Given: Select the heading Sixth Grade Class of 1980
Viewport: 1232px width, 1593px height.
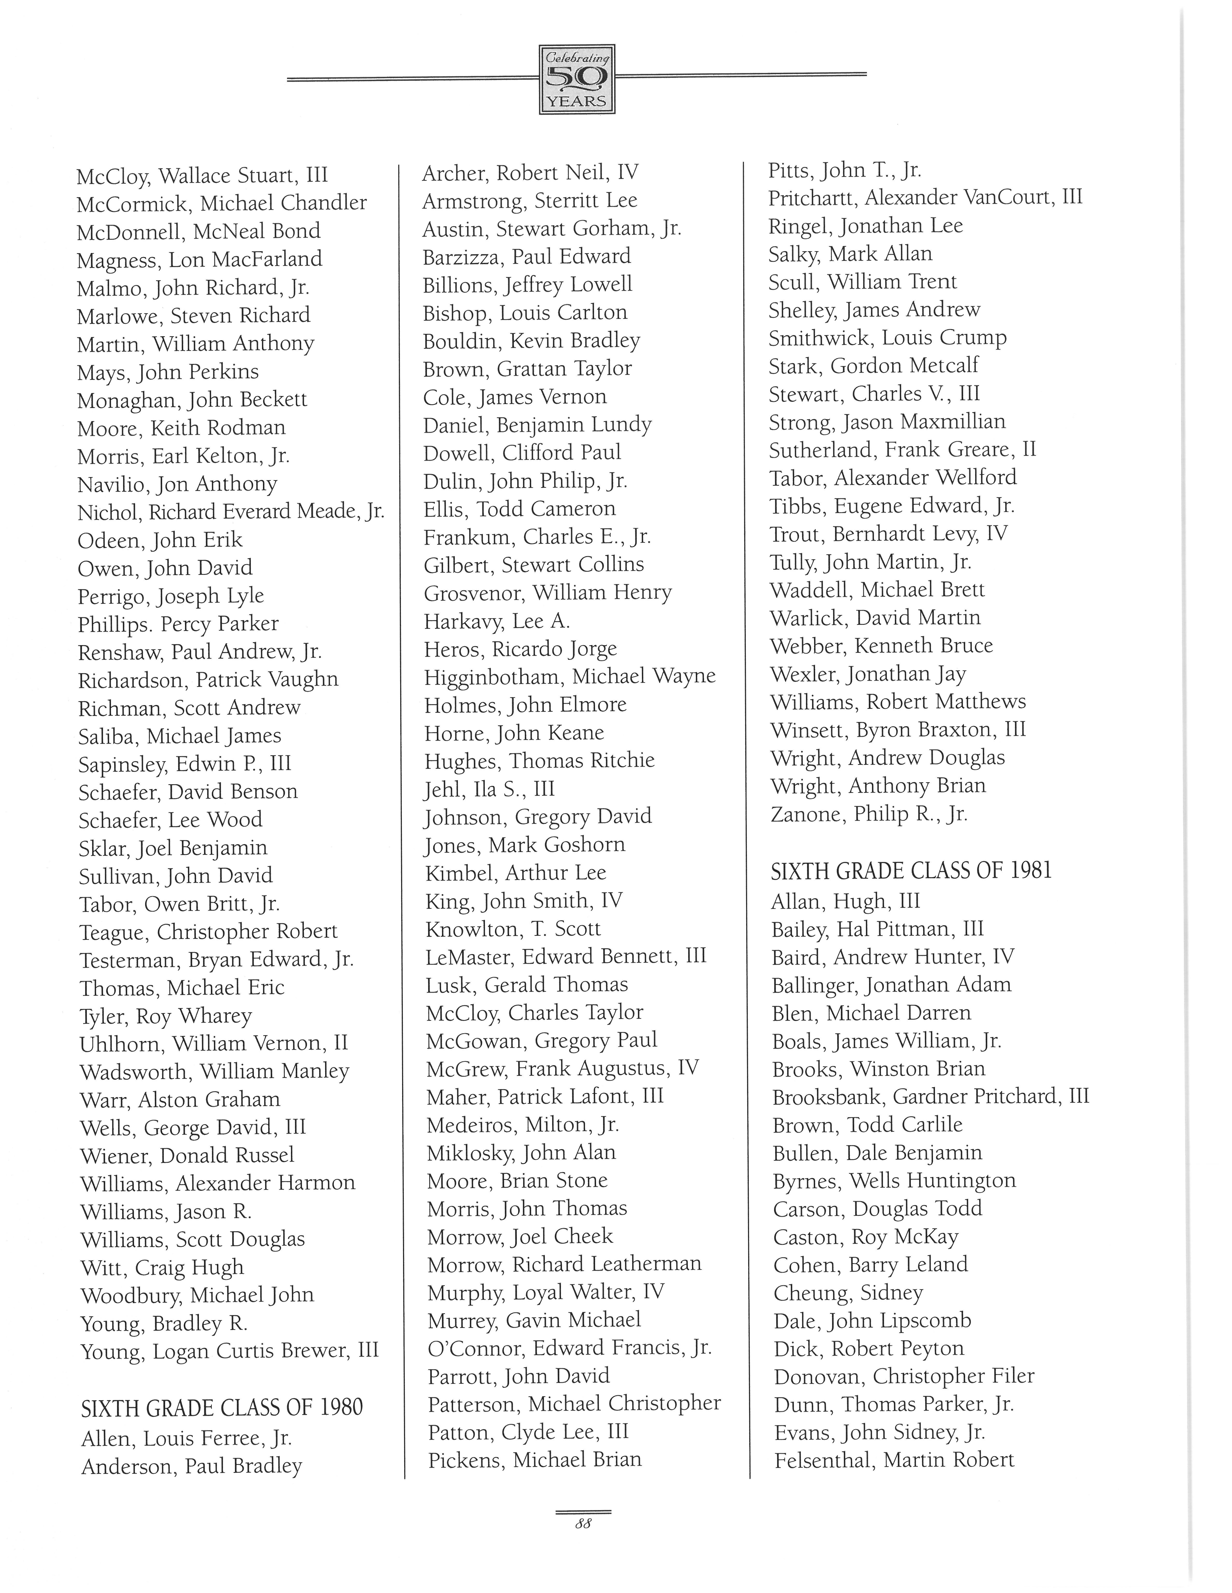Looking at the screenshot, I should click(x=222, y=1407).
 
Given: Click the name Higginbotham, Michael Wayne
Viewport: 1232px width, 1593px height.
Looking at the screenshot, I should click(x=569, y=677).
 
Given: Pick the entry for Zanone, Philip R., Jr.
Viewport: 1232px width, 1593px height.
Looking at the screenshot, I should click(x=868, y=814).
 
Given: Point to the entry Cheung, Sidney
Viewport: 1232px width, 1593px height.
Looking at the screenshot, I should click(x=848, y=1293).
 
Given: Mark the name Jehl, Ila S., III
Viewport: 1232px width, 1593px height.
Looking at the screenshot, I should click(x=490, y=789).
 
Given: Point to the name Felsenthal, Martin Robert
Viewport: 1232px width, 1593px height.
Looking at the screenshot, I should click(x=894, y=1460).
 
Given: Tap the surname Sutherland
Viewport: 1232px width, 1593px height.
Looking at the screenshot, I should click(x=821, y=450).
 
